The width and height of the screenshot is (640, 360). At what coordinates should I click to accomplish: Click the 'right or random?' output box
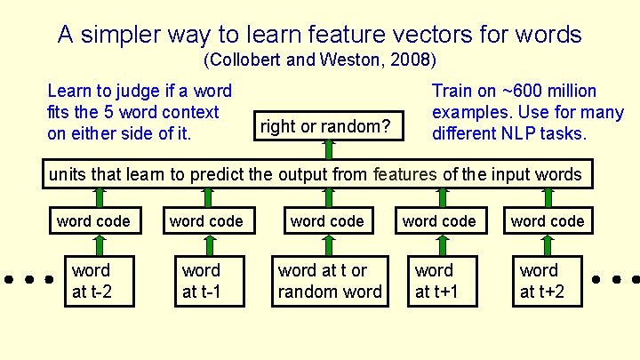coord(325,126)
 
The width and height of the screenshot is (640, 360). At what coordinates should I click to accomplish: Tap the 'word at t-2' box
coord(92,281)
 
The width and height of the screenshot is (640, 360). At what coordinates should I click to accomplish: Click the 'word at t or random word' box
coord(330,281)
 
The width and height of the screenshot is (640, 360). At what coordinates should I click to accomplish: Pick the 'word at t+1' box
coord(435,281)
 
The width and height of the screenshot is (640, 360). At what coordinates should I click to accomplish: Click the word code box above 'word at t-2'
coord(93,220)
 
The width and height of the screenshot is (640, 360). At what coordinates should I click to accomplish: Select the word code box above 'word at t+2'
coord(548,220)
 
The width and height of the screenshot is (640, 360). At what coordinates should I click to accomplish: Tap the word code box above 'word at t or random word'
coord(327,220)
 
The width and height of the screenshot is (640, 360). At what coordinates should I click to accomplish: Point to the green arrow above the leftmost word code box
coord(100,196)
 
